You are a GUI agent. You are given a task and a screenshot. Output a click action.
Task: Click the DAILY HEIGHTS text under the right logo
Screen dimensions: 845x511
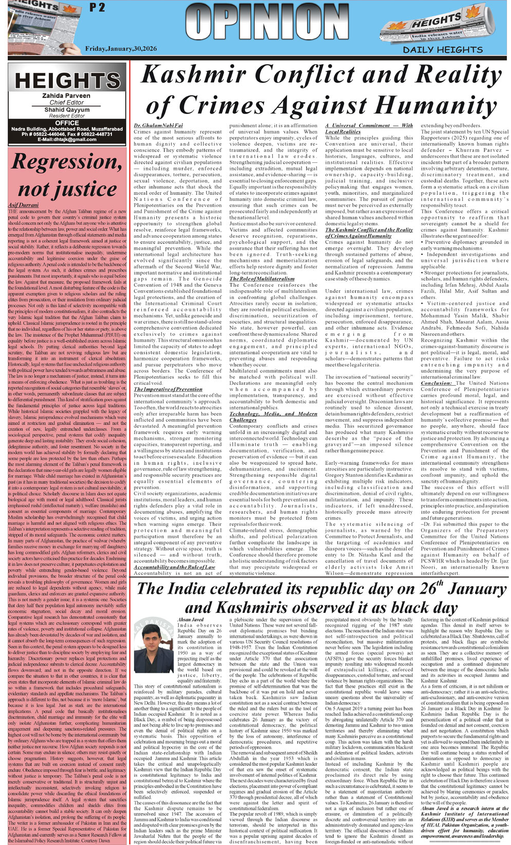(442, 50)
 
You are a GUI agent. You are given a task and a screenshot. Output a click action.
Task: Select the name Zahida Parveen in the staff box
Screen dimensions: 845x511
(67, 96)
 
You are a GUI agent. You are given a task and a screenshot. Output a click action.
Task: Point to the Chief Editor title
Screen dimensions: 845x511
(67, 103)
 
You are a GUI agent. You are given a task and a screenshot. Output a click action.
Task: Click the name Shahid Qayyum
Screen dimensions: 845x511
(67, 110)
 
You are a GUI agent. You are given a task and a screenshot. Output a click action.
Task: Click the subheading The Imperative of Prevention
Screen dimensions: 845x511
(167, 389)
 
